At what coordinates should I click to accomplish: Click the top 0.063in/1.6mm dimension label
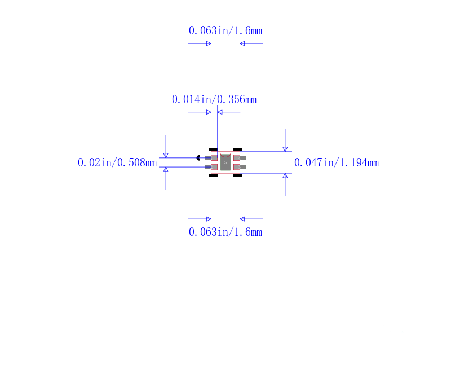[x=225, y=30]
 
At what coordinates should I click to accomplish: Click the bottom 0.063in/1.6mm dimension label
[x=225, y=232]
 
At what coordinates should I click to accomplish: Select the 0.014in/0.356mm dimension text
[x=214, y=100]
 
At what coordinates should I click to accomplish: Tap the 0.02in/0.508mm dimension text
[x=117, y=162]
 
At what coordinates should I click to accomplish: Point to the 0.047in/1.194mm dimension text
[x=337, y=162]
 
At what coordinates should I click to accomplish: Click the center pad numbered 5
[x=225, y=162]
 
